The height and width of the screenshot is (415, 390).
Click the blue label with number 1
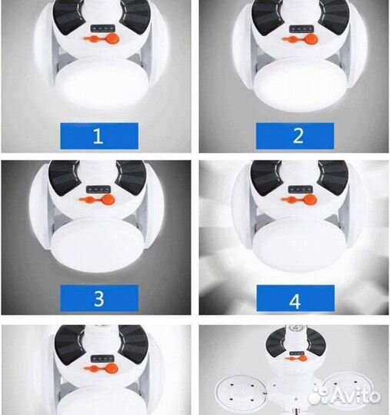99,136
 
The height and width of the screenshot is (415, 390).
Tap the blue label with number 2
295,136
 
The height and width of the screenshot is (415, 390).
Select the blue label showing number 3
99,298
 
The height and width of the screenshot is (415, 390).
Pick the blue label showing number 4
295,298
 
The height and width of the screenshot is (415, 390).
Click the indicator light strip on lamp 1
102,28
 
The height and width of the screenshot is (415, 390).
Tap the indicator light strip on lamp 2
302,28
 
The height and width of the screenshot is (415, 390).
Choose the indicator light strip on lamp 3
98,190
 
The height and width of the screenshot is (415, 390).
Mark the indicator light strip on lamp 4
301,189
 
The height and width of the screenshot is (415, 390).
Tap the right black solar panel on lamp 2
335,16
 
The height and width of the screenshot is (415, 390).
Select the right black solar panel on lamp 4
333,177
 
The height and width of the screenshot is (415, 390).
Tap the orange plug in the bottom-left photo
102,368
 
